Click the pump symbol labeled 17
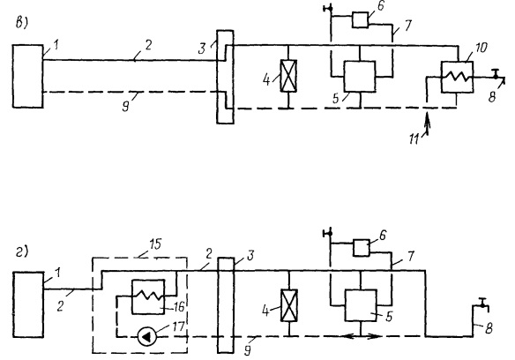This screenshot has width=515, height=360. pos(146,337)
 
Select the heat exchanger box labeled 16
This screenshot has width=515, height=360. pos(148,296)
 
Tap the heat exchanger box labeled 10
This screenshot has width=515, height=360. pos(457,77)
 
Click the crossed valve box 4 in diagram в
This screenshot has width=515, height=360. pos(288,76)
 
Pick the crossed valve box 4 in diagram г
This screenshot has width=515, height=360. pos(289,305)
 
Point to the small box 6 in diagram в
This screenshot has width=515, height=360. pos(360,19)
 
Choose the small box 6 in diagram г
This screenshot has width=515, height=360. pos(362,248)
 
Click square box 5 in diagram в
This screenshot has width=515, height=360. pos(360,76)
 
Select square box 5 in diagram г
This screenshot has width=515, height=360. pos(361,305)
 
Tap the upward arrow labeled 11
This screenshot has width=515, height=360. pos(427,123)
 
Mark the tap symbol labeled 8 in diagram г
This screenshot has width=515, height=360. pos(482,305)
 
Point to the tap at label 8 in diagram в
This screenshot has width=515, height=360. pos(497,76)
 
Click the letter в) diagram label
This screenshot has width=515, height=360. pos(22,24)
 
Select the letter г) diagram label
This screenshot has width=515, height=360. pos(22,252)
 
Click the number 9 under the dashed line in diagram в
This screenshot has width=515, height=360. pos(126,106)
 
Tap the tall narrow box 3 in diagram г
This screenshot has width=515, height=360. pos(226,305)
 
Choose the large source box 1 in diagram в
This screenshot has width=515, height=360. pos(28,76)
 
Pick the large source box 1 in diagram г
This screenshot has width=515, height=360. pos(28,304)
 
